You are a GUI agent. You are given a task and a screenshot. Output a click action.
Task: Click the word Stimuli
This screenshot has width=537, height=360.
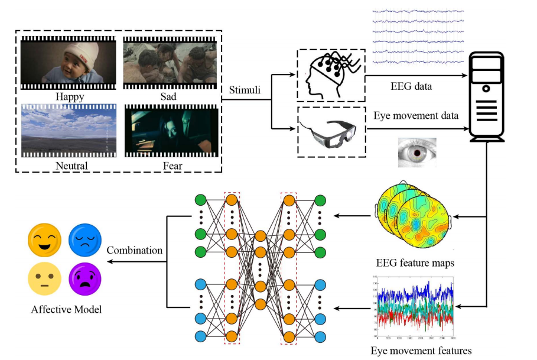(x=246, y=90)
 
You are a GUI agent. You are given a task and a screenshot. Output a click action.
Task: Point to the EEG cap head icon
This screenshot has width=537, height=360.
(x=330, y=74)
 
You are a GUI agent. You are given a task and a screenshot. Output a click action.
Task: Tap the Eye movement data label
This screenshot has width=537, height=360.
(x=417, y=115)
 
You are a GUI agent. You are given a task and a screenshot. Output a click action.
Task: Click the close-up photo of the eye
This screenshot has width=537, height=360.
(x=416, y=153)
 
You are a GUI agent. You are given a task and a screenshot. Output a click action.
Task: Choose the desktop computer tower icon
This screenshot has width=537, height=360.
(x=487, y=98)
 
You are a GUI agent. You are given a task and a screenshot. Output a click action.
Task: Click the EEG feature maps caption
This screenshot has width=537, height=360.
(x=415, y=262)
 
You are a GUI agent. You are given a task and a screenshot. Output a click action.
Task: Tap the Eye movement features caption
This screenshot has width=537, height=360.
(x=421, y=351)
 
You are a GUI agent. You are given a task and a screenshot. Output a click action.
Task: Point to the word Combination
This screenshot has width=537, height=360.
(x=135, y=250)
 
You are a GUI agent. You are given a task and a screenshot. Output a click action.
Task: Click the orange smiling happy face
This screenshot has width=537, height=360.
(x=44, y=239)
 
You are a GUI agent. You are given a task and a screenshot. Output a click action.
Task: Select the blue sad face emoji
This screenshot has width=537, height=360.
(x=84, y=239)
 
